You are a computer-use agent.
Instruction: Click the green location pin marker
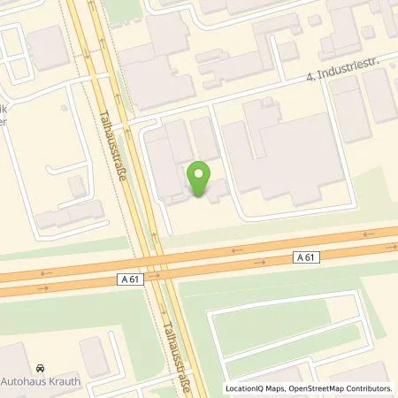tap(200, 180)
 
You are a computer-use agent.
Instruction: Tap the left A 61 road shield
tap(129, 279)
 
